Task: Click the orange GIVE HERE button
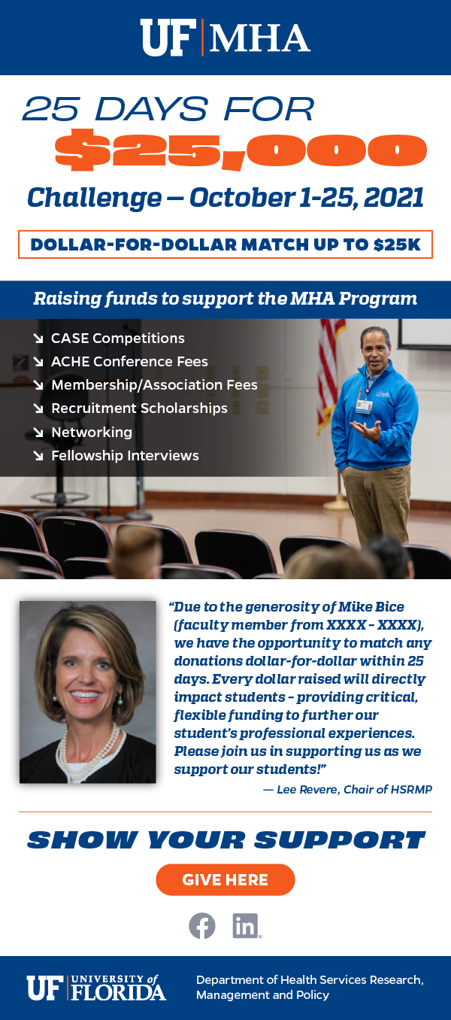pos(225,880)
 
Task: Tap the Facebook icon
pos(202,926)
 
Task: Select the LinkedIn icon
pos(247,926)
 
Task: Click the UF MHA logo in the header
pos(225,38)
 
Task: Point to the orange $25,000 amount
pos(241,150)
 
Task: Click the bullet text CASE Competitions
pos(118,338)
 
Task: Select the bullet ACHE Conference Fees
pos(130,362)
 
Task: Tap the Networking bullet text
pos(92,432)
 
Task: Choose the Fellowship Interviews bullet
pos(125,455)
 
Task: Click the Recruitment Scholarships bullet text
pos(139,408)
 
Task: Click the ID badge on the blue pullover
pos(363,405)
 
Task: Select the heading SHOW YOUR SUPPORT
pos(226,839)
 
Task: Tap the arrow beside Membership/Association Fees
pos(38,385)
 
